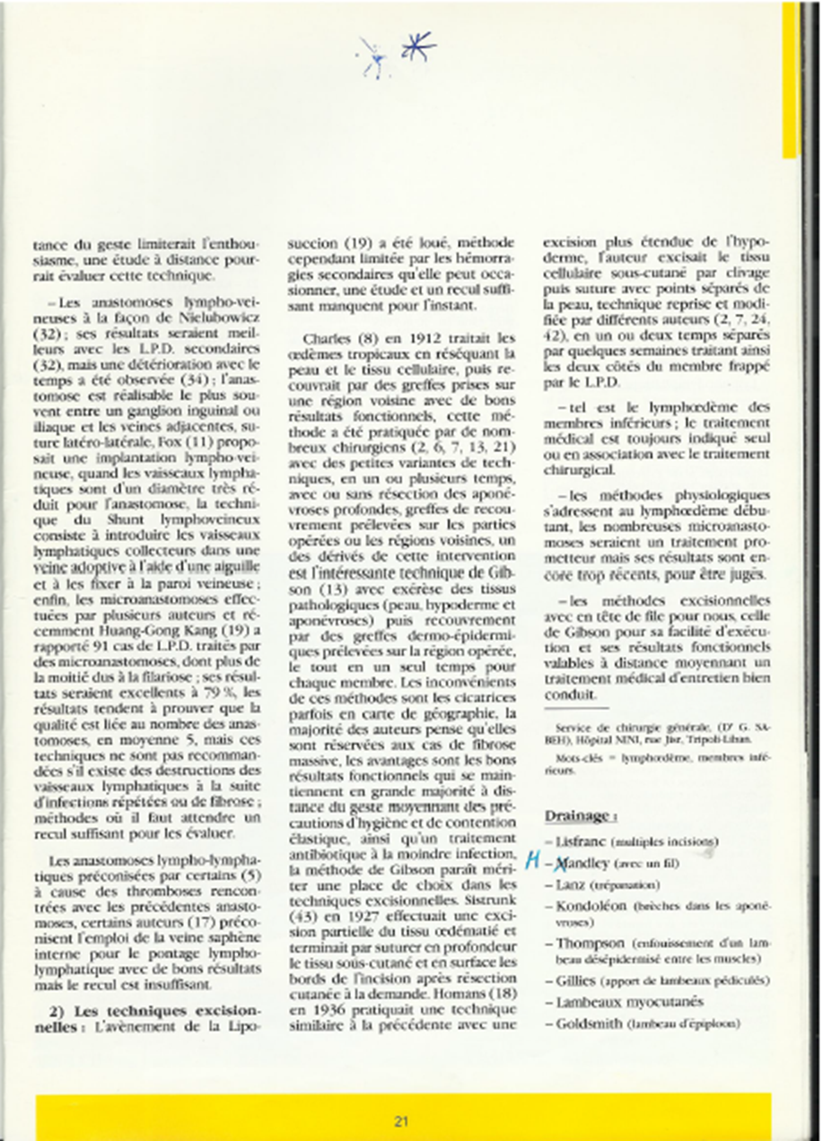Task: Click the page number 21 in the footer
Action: click(401, 1120)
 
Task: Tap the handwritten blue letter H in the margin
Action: click(531, 863)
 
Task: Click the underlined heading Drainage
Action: click(578, 815)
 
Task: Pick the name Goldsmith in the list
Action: click(591, 1023)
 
